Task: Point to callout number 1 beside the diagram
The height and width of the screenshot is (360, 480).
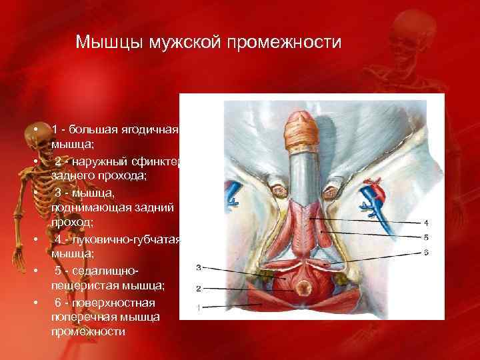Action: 198,307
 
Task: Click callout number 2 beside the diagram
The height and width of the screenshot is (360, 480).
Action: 198,288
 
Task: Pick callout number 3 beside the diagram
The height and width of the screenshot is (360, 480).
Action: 198,267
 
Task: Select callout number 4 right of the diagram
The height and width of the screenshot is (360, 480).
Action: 426,221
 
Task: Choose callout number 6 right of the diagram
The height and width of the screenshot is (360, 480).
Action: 426,251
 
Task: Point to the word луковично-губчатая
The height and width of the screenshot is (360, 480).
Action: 129,239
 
